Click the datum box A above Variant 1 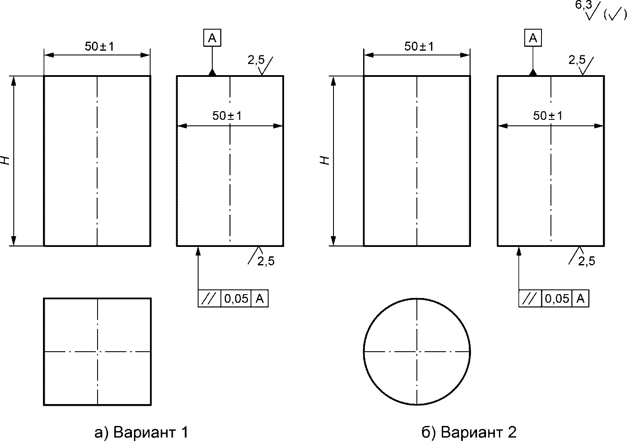[212, 38]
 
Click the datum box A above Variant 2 [533, 38]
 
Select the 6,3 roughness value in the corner [584, 5]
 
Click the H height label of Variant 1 [5, 160]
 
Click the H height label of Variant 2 [325, 160]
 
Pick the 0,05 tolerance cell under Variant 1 [236, 299]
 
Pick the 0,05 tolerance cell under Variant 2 [557, 299]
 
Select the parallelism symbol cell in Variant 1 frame [209, 299]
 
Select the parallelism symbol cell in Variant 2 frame [530, 299]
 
